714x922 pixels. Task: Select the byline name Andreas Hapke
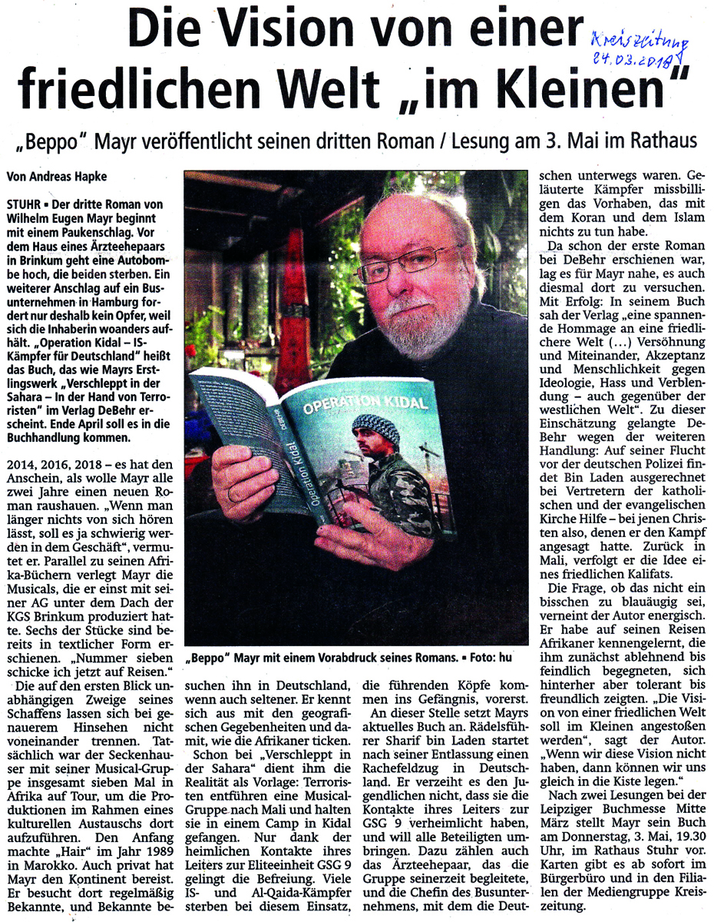74,176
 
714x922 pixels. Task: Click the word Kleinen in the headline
593,89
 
